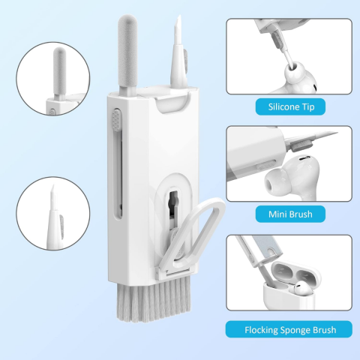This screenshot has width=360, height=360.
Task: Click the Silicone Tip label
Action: click(290, 106)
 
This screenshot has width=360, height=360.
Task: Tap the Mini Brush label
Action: click(290, 214)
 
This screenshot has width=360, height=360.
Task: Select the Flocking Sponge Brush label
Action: click(289, 329)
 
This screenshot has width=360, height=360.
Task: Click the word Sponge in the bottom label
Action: click(294, 330)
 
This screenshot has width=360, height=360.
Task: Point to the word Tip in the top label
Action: click(308, 107)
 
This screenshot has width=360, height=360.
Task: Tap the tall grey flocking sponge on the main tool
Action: click(127, 54)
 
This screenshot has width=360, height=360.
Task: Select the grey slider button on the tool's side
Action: click(116, 120)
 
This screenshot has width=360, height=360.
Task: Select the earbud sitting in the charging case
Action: click(303, 287)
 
